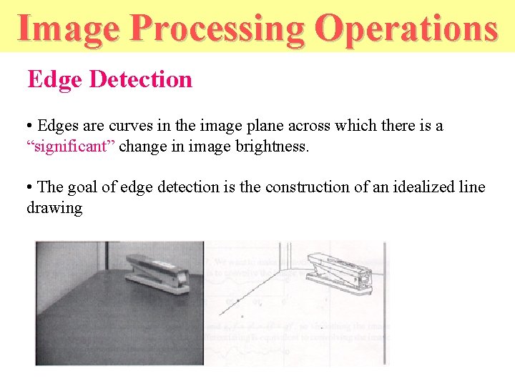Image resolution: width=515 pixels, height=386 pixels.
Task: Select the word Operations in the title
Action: pos(406,29)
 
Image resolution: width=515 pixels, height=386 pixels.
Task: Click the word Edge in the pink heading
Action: pos(56,79)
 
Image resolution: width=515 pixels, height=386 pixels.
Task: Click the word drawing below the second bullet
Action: pos(54,208)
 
